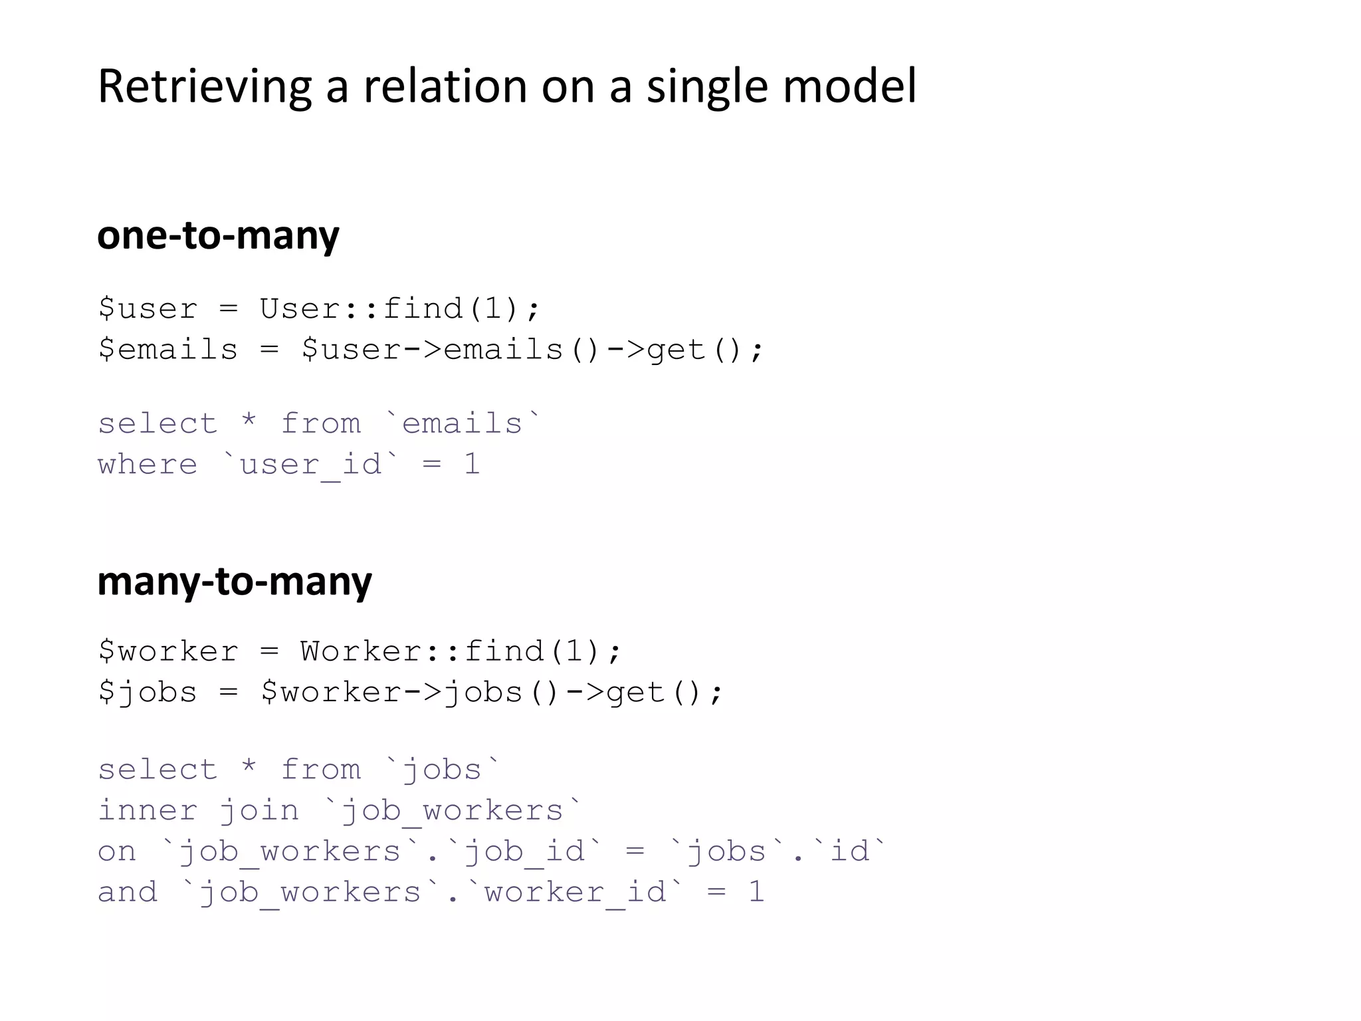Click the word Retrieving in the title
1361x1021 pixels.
tap(204, 86)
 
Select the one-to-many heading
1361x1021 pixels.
tap(218, 235)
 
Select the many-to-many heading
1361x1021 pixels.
tap(234, 581)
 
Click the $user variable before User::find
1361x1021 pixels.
tap(148, 309)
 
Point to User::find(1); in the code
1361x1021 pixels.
tap(400, 309)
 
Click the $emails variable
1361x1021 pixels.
tap(167, 350)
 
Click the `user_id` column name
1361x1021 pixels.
tap(311, 465)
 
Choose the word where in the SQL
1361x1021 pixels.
tap(148, 465)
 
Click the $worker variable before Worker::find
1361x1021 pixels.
tap(167, 651)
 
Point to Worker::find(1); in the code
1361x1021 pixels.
tap(461, 651)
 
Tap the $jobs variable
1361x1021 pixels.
tap(148, 693)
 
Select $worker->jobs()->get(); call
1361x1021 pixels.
tap(492, 693)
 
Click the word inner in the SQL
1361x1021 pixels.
tap(148, 811)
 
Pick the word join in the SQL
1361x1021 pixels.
tap(259, 811)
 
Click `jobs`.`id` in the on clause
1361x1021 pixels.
tap(778, 851)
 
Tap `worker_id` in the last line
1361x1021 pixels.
tap(575, 892)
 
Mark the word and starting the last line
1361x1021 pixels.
tap(128, 892)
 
